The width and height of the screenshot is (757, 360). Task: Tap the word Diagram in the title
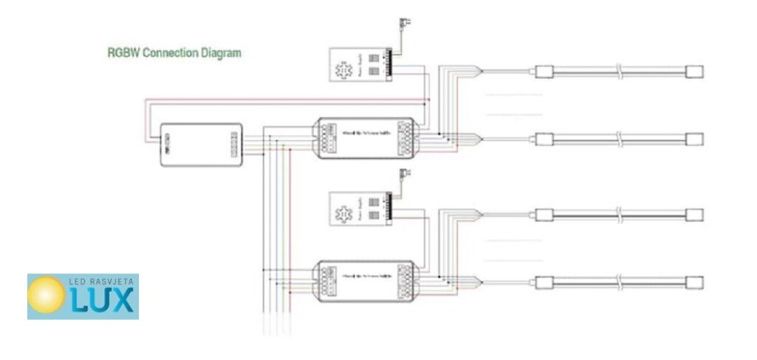pyautogui.click(x=218, y=53)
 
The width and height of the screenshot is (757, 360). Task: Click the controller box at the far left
pyautogui.click(x=202, y=144)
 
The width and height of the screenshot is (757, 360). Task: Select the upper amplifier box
pyautogui.click(x=365, y=137)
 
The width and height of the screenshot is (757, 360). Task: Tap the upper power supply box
pyautogui.click(x=360, y=64)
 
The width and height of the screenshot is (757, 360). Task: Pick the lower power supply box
pyautogui.click(x=360, y=208)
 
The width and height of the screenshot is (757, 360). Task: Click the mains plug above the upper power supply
pyautogui.click(x=404, y=24)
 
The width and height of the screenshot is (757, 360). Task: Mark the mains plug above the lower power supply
pyautogui.click(x=404, y=174)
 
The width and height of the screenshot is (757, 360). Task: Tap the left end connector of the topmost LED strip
pyautogui.click(x=543, y=72)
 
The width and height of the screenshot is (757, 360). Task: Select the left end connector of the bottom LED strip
pyautogui.click(x=543, y=282)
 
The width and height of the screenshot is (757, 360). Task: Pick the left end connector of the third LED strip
pyautogui.click(x=543, y=215)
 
